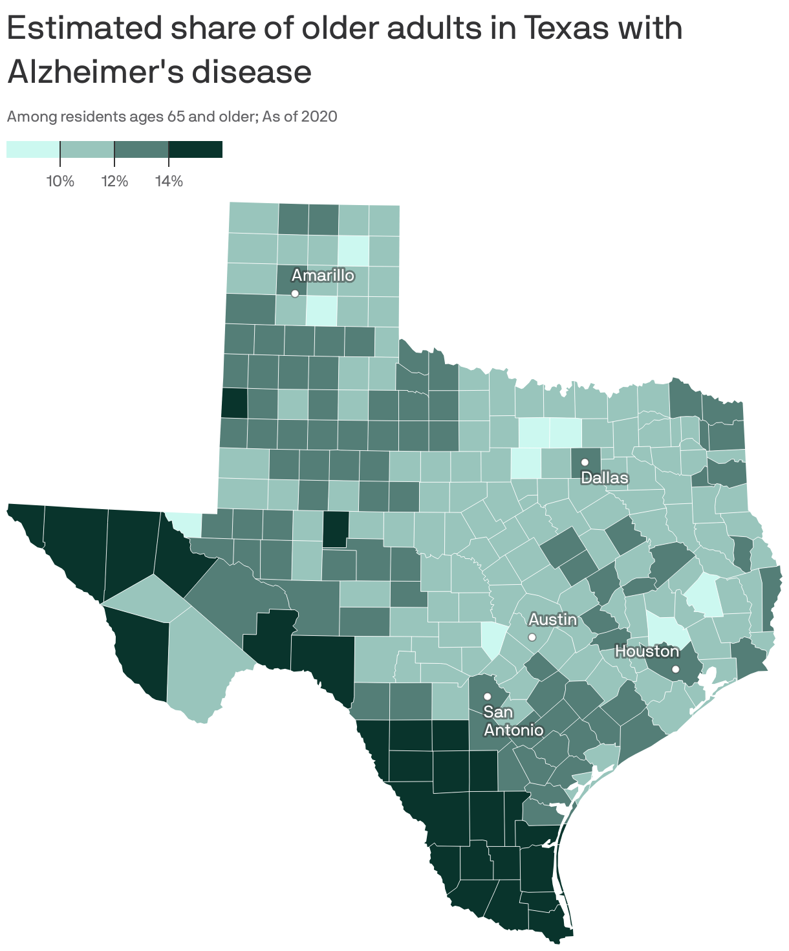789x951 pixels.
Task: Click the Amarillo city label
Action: [323, 276]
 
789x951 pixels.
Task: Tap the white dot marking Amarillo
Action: [295, 293]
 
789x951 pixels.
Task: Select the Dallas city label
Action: [605, 478]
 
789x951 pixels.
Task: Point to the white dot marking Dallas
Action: [585, 462]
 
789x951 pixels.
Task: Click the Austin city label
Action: [553, 620]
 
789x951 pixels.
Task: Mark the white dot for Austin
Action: [532, 637]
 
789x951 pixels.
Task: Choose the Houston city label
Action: [647, 651]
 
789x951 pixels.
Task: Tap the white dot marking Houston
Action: [676, 669]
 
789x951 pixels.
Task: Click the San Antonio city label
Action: [513, 721]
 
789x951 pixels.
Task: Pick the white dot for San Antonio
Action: [488, 696]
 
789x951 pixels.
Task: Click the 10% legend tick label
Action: [60, 181]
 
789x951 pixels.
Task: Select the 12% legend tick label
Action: [114, 181]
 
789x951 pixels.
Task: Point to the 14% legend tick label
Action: [169, 181]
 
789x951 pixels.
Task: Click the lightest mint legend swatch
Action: [33, 149]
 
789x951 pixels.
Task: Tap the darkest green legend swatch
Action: [195, 149]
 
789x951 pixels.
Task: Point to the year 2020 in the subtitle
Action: [320, 117]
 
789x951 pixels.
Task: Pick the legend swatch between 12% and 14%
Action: [141, 149]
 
